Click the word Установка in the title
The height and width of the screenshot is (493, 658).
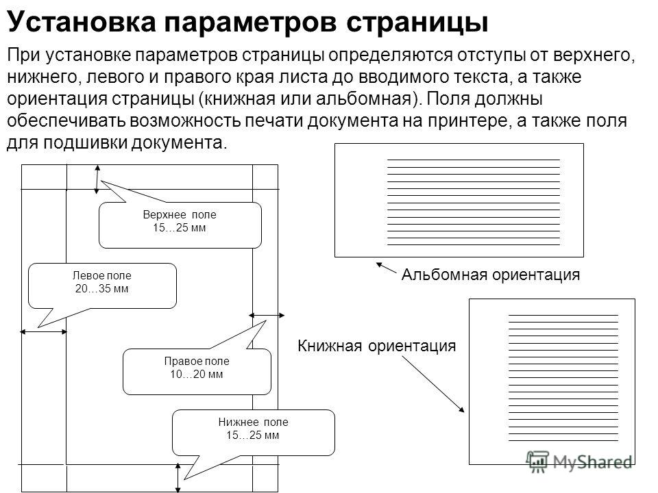(82, 22)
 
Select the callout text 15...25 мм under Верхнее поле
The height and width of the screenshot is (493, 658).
(179, 227)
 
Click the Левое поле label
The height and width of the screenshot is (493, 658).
(102, 275)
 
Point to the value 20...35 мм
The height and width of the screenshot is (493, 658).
(101, 288)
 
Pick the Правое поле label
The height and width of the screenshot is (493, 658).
(197, 361)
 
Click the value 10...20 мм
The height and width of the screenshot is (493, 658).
(196, 374)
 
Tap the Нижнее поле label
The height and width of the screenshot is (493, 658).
(253, 422)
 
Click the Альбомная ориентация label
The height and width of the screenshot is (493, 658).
(491, 275)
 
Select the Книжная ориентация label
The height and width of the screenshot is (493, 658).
(376, 346)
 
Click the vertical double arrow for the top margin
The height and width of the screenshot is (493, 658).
(97, 179)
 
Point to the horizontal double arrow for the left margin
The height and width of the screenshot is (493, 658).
(44, 332)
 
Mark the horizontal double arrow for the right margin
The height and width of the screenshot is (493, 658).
(267, 315)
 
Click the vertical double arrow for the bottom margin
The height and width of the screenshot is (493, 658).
(178, 478)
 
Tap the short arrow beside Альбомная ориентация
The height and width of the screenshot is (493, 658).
(386, 268)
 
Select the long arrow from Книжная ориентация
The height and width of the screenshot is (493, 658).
(433, 384)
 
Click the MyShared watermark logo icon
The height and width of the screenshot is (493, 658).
(537, 462)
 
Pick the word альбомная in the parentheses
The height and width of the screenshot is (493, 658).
(363, 99)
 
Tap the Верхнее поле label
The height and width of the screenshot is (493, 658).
(180, 214)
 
